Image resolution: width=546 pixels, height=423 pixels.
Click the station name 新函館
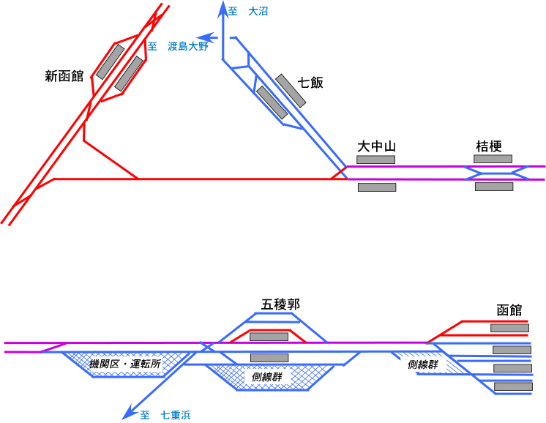(64, 75)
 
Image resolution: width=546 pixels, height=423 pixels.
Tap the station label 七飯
(311, 83)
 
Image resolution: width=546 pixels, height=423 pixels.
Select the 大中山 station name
(376, 146)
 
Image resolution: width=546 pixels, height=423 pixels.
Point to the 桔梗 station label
(488, 146)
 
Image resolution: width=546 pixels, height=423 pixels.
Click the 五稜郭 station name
(280, 304)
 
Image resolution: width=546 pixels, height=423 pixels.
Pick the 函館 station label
(509, 310)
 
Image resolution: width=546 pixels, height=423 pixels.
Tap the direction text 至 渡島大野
(179, 46)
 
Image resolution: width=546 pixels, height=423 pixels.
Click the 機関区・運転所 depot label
(124, 364)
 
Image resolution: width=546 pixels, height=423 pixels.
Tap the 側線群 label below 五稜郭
(266, 377)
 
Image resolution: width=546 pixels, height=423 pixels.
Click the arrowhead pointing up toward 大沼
(224, 7)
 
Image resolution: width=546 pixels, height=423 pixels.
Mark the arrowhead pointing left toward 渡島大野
(206, 37)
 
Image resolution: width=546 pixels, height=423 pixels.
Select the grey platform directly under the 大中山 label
(375, 160)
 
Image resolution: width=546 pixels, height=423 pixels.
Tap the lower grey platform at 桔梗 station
(493, 187)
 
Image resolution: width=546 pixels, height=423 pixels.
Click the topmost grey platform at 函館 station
(509, 328)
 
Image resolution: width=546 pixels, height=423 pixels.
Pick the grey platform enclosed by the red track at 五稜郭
(269, 337)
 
